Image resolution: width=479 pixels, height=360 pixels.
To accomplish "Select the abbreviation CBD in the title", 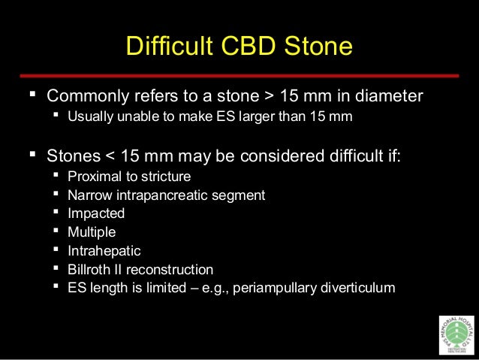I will [247, 47].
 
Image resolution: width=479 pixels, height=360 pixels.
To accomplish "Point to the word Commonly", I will [86, 97].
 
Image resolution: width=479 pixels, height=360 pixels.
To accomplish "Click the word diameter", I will [389, 97].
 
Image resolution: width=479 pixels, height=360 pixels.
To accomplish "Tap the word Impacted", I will [96, 213].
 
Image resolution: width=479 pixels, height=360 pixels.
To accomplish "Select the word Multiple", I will [92, 232].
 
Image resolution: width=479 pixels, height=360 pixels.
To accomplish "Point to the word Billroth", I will [89, 269].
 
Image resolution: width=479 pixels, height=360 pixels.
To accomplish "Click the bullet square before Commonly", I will [31, 96].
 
